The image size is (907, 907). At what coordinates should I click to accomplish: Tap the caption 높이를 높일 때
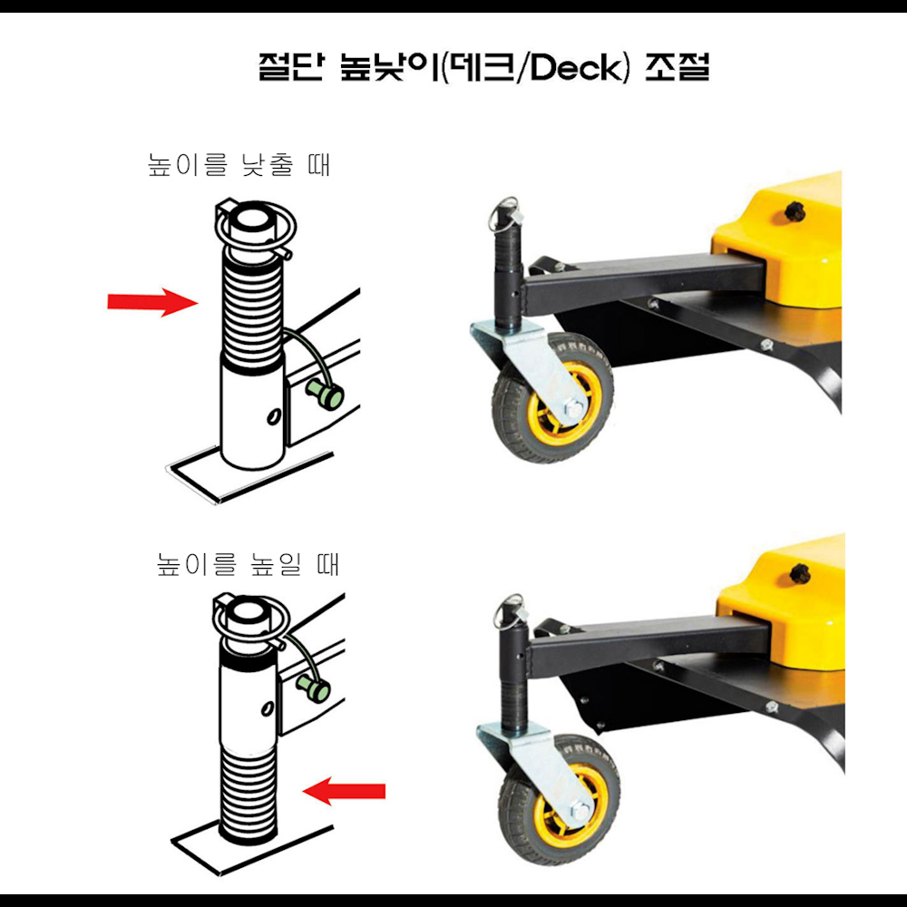pos(248,565)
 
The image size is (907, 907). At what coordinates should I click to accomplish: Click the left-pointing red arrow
pos(344,792)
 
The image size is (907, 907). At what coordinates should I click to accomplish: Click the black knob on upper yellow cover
pos(796,211)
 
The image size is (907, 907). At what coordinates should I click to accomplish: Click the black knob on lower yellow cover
pos(800,573)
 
